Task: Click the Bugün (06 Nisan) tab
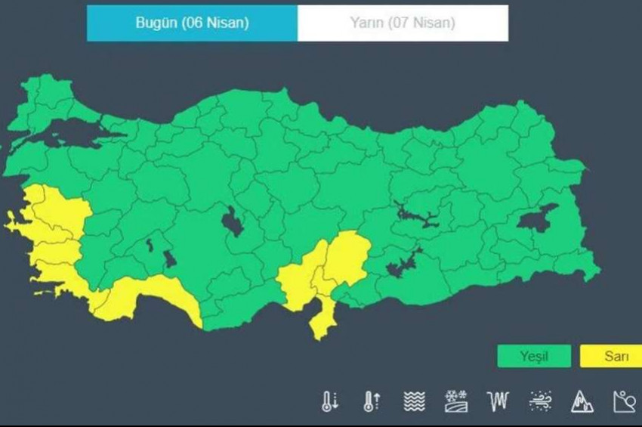(x=192, y=23)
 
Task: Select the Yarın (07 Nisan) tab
(x=403, y=23)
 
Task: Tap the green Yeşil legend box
(x=534, y=356)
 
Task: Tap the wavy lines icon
(x=414, y=401)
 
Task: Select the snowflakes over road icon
(x=456, y=401)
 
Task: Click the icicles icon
(x=498, y=401)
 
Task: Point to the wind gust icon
(x=540, y=401)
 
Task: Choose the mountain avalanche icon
(x=582, y=401)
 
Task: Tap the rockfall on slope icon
(x=625, y=401)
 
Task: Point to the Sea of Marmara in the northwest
(x=72, y=135)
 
